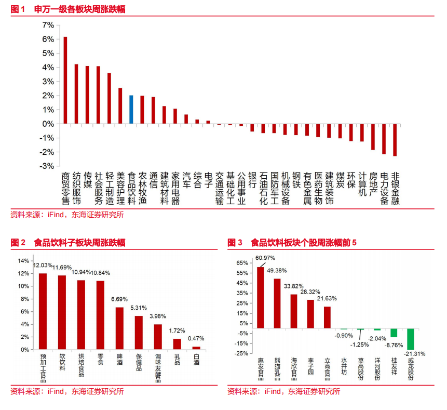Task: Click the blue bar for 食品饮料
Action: [x=131, y=110]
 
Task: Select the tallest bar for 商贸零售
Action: [x=65, y=81]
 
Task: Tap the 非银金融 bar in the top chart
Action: [x=395, y=140]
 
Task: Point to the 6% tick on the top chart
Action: [x=48, y=39]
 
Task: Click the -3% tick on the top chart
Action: [x=47, y=166]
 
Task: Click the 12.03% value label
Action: [x=43, y=265]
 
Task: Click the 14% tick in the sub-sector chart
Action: [x=24, y=261]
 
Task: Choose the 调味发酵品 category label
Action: [x=158, y=369]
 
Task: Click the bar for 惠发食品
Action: [x=261, y=298]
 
